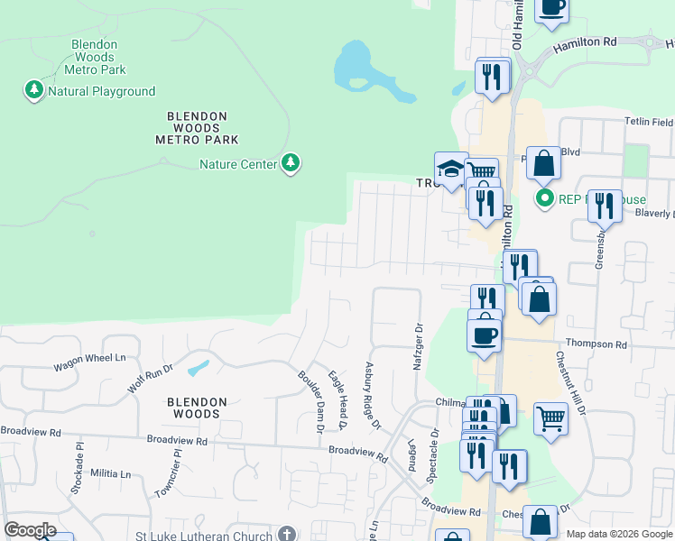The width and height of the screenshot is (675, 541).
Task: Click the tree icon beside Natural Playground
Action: [x=34, y=90]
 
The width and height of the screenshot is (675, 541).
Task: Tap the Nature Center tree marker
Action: [x=290, y=163]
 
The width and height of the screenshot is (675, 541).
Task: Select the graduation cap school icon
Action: [x=450, y=169]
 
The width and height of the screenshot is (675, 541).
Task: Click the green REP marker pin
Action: [x=544, y=198]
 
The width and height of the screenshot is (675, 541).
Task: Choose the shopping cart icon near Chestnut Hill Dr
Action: [x=550, y=418]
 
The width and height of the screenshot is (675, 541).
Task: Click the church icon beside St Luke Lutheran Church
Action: [x=287, y=536]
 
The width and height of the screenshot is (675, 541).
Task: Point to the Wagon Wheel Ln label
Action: [x=89, y=358]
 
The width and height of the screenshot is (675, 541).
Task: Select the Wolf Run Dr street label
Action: [x=149, y=379]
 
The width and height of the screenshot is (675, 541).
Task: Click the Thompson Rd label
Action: [x=596, y=344]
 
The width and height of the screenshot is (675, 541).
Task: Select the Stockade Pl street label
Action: [x=79, y=462]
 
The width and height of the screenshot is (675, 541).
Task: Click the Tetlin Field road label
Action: [x=648, y=122]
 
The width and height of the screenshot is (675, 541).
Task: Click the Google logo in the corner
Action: [x=29, y=530]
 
